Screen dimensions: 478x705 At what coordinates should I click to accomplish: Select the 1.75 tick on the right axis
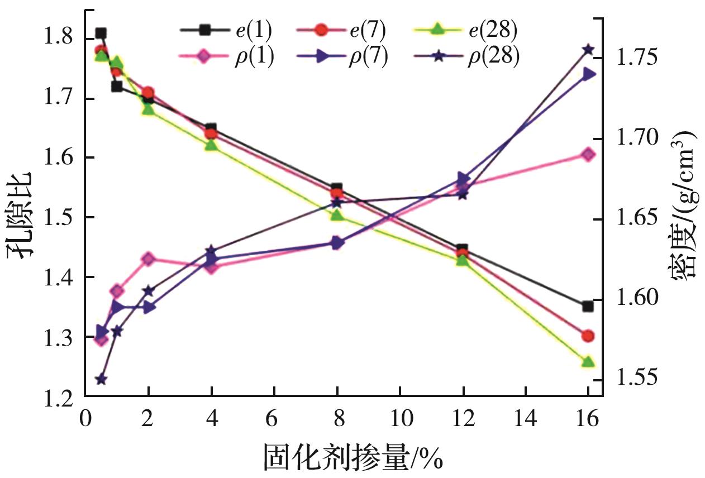pos(637,59)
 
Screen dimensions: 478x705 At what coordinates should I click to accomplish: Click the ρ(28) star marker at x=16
pos(588,50)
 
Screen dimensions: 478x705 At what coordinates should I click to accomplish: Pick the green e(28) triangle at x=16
pos(588,362)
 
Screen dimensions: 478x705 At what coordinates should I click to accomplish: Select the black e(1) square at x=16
pos(588,306)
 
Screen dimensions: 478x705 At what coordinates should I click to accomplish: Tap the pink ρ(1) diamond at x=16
pos(588,155)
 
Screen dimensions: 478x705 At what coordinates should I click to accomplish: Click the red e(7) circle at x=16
pos(588,336)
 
